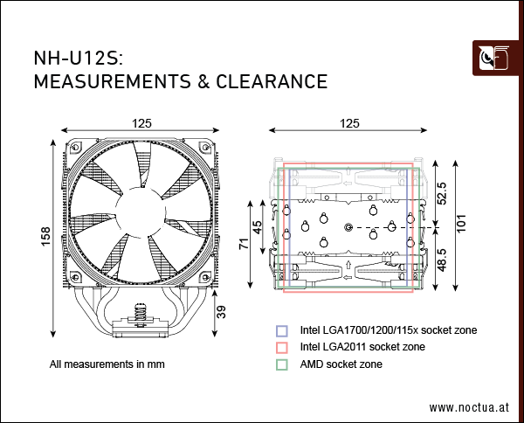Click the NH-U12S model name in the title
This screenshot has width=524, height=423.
(x=77, y=59)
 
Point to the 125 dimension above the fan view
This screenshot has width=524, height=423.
(x=140, y=124)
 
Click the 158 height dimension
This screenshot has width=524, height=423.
(x=45, y=236)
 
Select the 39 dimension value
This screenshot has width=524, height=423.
(x=221, y=311)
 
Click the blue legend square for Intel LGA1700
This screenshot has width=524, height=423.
(x=281, y=331)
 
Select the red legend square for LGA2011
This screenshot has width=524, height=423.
(x=281, y=347)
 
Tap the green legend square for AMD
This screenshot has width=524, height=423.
(x=281, y=363)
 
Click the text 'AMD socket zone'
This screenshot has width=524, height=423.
(x=341, y=363)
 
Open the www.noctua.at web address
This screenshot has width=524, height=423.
(x=469, y=407)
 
